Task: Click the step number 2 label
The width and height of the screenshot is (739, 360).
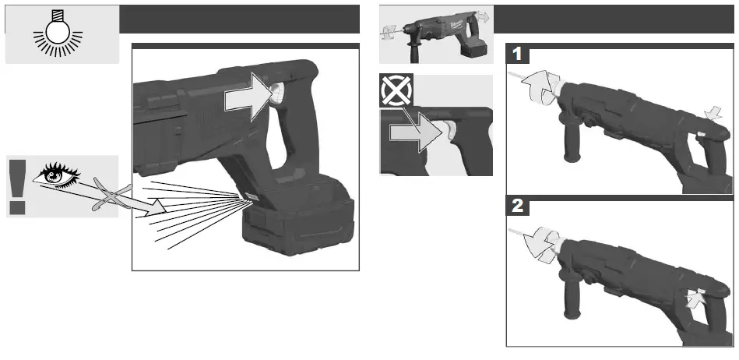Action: tap(517, 207)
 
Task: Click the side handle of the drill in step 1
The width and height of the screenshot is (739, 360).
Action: tap(577, 148)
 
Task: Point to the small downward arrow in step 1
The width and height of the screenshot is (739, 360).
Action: tap(711, 116)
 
